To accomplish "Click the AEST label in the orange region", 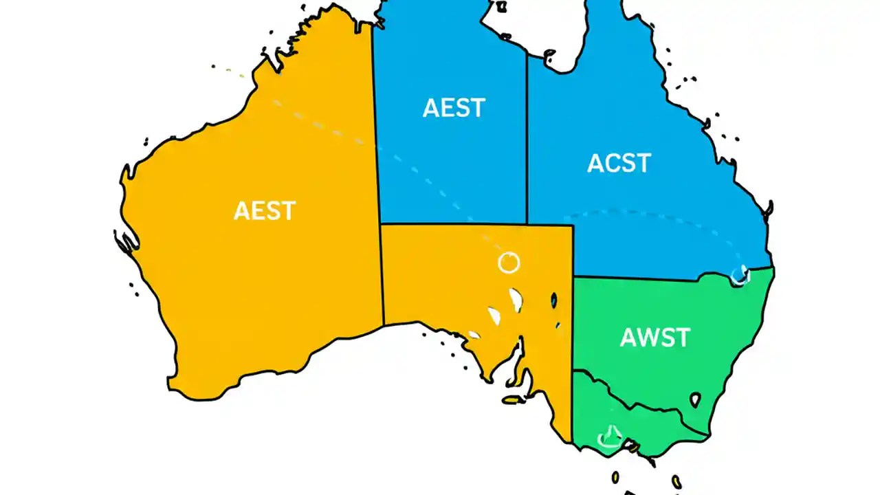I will tap(265, 210).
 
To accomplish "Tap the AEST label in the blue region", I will tap(454, 108).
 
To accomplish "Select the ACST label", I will tap(619, 164).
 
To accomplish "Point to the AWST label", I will tap(654, 338).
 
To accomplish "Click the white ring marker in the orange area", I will tap(509, 262).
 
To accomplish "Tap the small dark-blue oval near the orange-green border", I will tap(553, 300).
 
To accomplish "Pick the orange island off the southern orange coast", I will tap(511, 399).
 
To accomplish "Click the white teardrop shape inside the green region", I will tap(695, 399).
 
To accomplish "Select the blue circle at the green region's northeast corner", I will tap(740, 275).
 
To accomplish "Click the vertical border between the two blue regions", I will tap(527, 137).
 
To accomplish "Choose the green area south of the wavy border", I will tap(639, 430).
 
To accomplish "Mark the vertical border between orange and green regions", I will tap(573, 344).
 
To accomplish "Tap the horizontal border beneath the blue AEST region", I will tap(454, 223).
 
